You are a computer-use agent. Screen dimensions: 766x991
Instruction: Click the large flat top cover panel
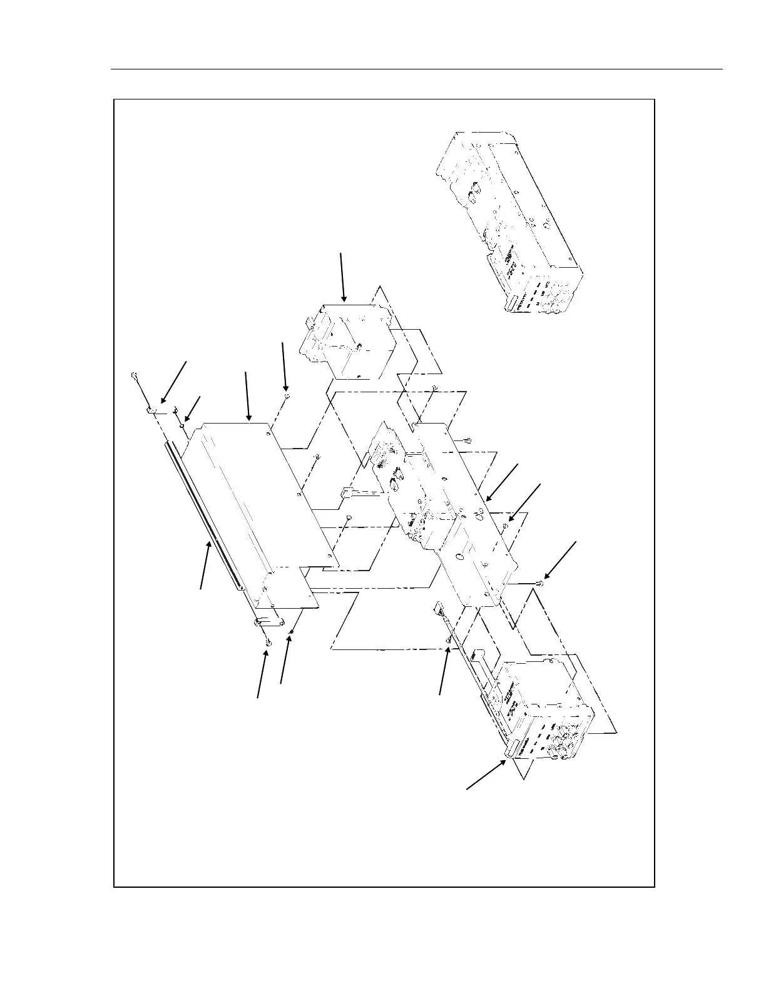click(x=250, y=494)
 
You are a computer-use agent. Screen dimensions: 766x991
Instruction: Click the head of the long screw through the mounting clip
click(x=134, y=375)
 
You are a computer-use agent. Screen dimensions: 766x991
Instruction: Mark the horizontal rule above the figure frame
click(x=416, y=69)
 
